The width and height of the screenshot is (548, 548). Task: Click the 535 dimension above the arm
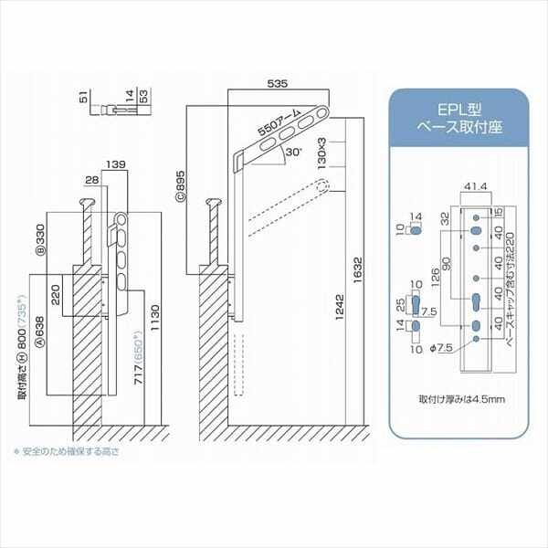(279, 84)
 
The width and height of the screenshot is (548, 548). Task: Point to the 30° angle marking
(291, 155)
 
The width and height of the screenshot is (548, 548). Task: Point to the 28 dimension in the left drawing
(91, 180)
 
